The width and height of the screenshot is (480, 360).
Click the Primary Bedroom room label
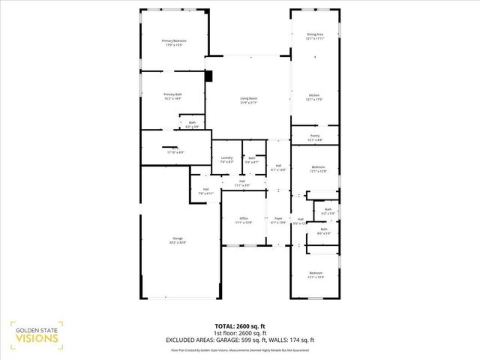click(174, 42)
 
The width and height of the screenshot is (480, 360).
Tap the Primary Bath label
click(173, 96)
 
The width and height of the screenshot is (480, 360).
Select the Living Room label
click(248, 100)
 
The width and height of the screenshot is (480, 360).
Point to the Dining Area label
click(315, 36)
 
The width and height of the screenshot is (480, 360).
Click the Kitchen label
click(313, 97)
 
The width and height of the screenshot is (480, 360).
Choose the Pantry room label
click(314, 137)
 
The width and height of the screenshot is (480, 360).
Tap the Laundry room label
click(226, 159)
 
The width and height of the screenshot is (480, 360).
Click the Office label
click(244, 220)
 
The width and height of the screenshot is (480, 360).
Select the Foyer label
click(278, 220)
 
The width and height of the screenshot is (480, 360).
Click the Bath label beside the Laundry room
click(252, 159)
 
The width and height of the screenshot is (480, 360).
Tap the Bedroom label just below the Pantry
click(317, 169)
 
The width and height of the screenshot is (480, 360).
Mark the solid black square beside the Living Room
click(208, 75)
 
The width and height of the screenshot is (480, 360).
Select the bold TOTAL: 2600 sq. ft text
click(239, 326)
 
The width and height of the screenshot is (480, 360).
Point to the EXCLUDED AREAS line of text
click(239, 340)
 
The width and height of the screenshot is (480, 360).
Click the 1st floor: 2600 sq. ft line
click(239, 333)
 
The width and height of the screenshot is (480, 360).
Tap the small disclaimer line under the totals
click(239, 349)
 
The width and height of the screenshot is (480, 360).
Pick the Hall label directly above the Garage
click(206, 191)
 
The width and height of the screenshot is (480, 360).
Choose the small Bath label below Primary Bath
click(192, 124)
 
